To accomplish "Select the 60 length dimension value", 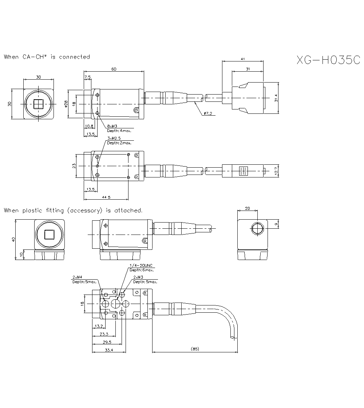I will point(114,69).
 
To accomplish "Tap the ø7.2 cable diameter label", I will point(208,113).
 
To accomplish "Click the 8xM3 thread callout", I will point(112,126).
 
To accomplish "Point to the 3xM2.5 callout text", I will point(114,139).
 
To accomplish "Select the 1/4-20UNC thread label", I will point(142,265).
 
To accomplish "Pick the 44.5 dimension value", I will point(106,197).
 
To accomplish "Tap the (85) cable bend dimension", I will point(195,349).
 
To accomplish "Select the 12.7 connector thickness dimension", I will point(276,170).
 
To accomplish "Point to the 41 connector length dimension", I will point(242,58).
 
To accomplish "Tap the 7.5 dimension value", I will point(87,77).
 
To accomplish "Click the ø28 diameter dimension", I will point(66,104).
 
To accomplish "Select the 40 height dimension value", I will point(13,240).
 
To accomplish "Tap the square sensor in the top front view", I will point(38,104).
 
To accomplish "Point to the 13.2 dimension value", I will point(98,325).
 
